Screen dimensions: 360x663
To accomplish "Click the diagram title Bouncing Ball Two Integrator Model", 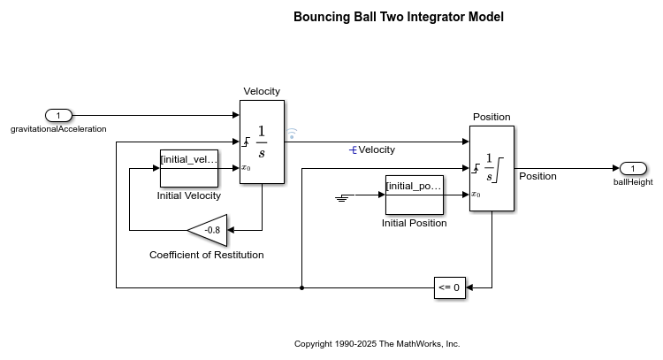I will point(399,17).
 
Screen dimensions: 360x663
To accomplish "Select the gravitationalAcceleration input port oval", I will point(58,115).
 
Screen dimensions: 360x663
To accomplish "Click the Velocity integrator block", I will point(262,142).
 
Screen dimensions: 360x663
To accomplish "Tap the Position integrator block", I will point(492,168).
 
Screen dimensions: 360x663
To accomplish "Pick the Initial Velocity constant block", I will point(188,168).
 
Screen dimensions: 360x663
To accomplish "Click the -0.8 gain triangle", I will point(210,230).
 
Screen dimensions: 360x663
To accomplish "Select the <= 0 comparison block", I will point(449,287).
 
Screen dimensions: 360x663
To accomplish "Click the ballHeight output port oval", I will point(633,169).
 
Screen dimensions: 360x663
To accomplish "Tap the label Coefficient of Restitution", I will point(206,256).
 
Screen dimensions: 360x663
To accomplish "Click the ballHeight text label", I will point(633,182).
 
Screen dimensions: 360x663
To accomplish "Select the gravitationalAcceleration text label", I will point(58,129).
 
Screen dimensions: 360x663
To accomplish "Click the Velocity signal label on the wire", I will point(377,149).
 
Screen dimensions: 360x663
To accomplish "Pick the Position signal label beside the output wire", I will point(537,176).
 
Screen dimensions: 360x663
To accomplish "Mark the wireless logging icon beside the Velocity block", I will point(292,134).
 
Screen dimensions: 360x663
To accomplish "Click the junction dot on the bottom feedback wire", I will point(302,287).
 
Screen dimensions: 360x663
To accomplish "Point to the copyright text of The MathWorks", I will point(377,343).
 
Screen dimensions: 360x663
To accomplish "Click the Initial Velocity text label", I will point(188,195).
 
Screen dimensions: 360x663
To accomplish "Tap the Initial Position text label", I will point(414,223).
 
